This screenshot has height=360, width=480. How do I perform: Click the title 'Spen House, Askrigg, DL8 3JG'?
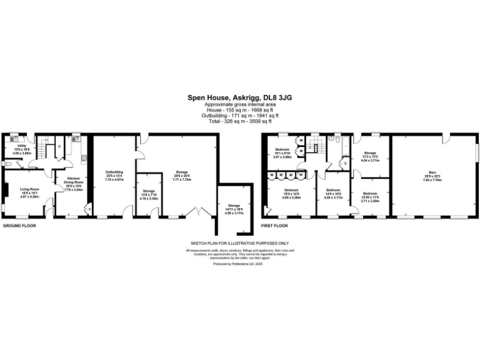(x=239, y=97)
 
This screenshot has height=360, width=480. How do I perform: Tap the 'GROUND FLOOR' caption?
(x=19, y=224)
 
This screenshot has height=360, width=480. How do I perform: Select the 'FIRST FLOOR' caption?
(x=274, y=224)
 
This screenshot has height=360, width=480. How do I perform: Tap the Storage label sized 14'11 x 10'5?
(x=234, y=209)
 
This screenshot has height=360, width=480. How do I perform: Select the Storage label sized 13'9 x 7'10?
(x=149, y=194)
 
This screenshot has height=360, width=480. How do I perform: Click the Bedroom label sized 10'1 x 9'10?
(x=284, y=153)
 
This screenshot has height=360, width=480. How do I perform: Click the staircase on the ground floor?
(x=43, y=151)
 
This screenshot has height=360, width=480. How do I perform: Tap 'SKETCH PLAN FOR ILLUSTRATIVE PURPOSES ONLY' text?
(x=239, y=242)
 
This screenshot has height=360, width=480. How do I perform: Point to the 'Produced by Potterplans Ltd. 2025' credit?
(x=239, y=264)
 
